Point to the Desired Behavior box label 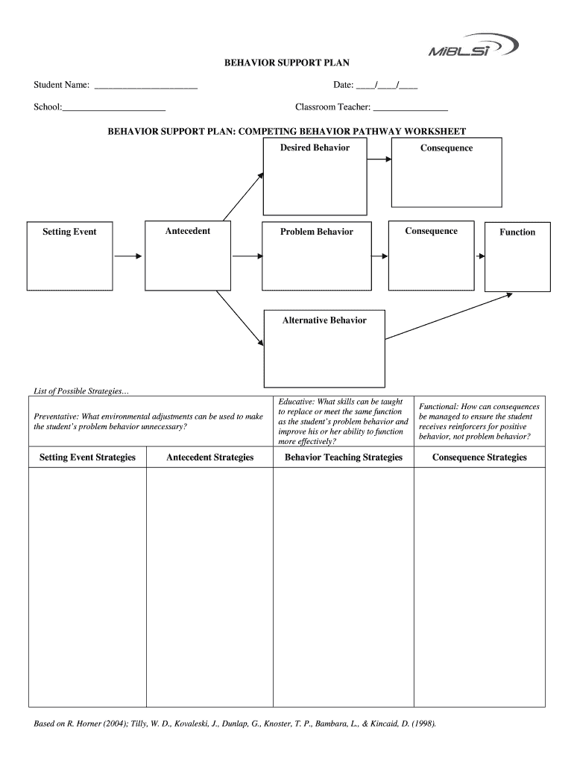click(x=315, y=148)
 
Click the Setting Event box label click(x=69, y=232)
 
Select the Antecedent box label click(x=188, y=231)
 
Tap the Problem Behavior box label click(x=317, y=232)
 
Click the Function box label click(x=517, y=232)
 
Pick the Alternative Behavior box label click(x=324, y=320)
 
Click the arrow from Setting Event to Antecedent click(x=128, y=256)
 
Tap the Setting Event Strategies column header click(x=87, y=458)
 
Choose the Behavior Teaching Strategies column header click(x=344, y=458)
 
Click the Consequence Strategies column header click(x=479, y=458)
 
